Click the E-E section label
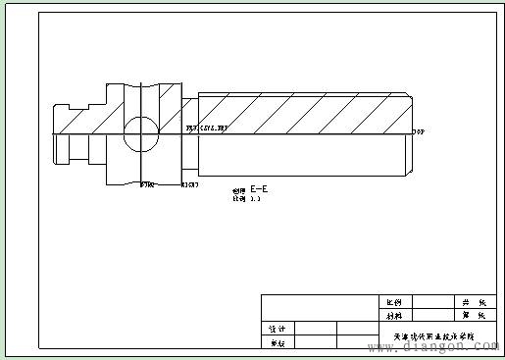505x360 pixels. pyautogui.click(x=260, y=187)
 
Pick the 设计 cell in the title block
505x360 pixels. pyautogui.click(x=278, y=329)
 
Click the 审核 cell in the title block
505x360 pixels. pyautogui.click(x=278, y=342)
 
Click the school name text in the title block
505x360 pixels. pyautogui.click(x=432, y=335)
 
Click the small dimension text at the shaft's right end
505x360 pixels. pyautogui.click(x=419, y=130)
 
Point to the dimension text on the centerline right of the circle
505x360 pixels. pyautogui.click(x=207, y=128)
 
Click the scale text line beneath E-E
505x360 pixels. pyautogui.click(x=246, y=198)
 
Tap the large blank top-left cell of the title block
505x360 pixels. pyautogui.click(x=319, y=307)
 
